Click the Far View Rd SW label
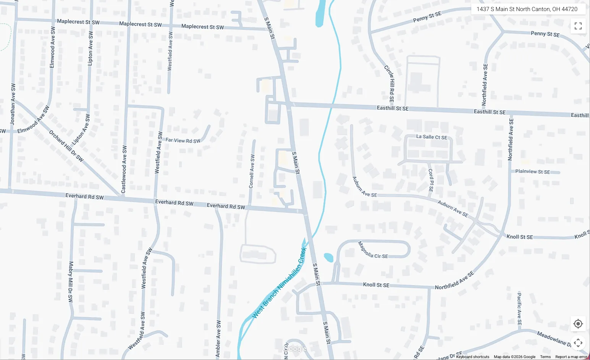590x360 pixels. [x=183, y=140]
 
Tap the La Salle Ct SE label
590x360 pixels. [x=432, y=137]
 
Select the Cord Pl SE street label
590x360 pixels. [x=431, y=180]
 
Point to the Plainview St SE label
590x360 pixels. [x=533, y=172]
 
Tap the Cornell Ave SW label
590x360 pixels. [x=252, y=171]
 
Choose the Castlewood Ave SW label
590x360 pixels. [x=124, y=169]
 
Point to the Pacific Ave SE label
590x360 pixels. [x=519, y=308]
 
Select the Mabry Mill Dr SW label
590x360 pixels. [x=71, y=282]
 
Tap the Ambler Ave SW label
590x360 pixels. [x=218, y=339]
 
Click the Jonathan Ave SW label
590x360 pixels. [x=13, y=104]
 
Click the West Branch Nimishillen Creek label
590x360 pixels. [x=280, y=283]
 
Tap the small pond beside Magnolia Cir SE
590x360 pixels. [x=328, y=257]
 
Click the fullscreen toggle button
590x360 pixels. [x=578, y=26]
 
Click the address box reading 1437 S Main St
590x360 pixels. [x=527, y=9]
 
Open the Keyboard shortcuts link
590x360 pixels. [x=472, y=357]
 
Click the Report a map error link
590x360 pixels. [x=571, y=357]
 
